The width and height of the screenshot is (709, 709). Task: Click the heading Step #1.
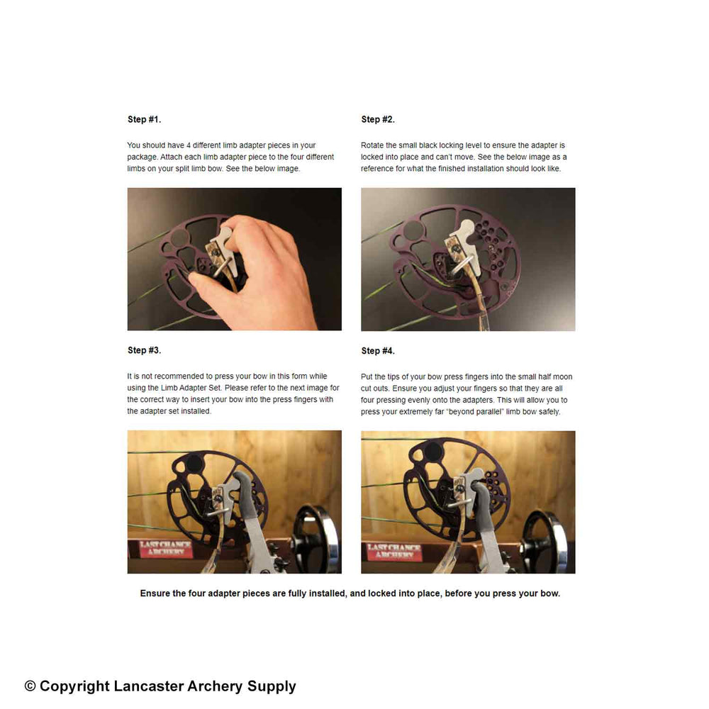click(145, 119)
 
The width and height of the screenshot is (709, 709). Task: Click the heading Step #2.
click(378, 119)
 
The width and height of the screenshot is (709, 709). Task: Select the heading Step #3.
click(145, 350)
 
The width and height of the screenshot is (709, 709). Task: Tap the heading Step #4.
click(378, 351)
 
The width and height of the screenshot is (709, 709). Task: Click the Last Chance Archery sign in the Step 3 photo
click(160, 549)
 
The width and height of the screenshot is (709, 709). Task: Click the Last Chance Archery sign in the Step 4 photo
click(393, 550)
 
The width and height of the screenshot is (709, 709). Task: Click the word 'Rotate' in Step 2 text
click(373, 145)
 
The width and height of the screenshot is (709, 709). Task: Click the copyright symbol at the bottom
click(30, 686)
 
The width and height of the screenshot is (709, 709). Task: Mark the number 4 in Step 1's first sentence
click(188, 145)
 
